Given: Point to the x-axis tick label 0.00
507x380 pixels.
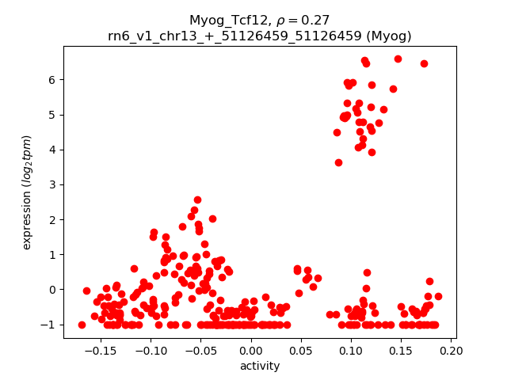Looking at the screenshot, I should [x=251, y=350].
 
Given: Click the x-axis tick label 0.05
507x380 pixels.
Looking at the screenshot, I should [x=301, y=350].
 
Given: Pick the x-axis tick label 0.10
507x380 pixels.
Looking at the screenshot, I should [x=351, y=350].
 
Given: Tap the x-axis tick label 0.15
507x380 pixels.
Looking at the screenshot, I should [x=402, y=350].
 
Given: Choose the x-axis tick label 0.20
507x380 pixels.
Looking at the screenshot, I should [x=452, y=350].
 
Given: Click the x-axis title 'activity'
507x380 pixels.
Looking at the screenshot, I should [x=260, y=366].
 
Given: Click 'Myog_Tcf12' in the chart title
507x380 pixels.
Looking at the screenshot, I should [x=224, y=21].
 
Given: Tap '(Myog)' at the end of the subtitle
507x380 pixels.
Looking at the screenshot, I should [x=385, y=36].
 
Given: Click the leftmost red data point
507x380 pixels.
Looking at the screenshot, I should [x=82, y=325].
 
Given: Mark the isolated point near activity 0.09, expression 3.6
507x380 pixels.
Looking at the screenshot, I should [x=338, y=162].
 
